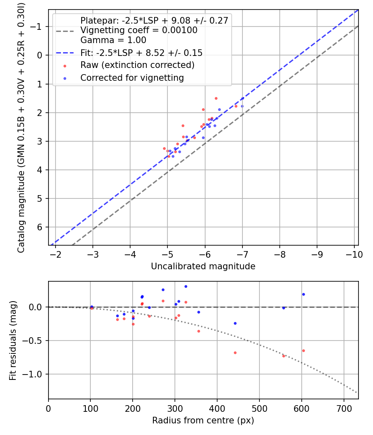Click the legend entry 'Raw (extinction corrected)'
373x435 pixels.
click(137, 65)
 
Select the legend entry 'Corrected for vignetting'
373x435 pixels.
click(132, 77)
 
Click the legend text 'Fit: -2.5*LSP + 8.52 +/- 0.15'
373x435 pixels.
click(141, 53)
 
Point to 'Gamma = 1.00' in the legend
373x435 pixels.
click(113, 40)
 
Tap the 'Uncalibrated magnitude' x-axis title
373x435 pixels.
click(203, 266)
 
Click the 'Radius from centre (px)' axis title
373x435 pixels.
click(203, 420)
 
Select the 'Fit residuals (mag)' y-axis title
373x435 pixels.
click(12, 340)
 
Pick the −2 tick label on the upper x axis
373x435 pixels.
click(55, 254)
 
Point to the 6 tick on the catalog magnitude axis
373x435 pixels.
click(40, 227)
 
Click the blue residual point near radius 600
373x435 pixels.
click(303, 294)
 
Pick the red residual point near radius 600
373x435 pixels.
click(303, 350)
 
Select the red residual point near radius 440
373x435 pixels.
click(235, 353)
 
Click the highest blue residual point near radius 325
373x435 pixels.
click(186, 286)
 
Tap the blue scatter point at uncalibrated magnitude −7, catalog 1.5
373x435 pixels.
click(242, 99)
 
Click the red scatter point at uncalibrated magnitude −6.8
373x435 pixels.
click(236, 106)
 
